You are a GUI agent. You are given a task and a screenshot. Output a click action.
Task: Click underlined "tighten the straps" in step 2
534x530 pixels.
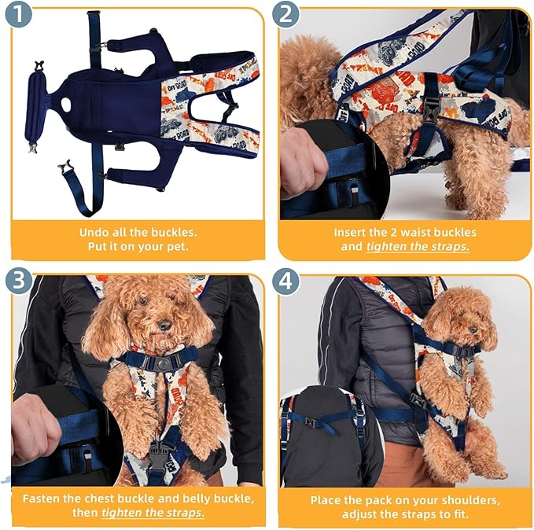tap(418, 247)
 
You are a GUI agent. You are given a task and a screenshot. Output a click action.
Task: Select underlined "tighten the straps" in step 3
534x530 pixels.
tap(153, 513)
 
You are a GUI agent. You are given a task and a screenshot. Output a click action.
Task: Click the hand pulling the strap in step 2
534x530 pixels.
tap(304, 161)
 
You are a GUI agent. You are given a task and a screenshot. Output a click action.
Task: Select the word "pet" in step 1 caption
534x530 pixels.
tap(179, 247)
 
